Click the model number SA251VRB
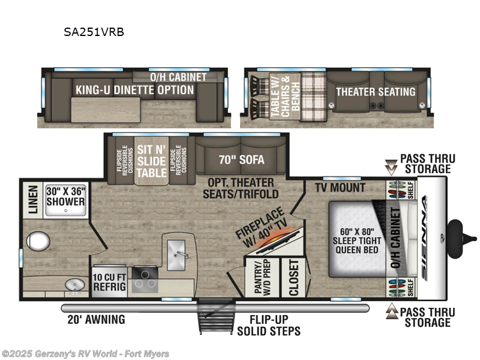point(94,32)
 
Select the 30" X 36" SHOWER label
point(65,196)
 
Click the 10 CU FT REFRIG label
point(109,282)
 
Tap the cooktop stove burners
point(145,277)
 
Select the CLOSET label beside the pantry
point(293,277)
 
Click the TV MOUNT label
point(340,188)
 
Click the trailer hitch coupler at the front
point(455,230)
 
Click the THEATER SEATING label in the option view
point(375,92)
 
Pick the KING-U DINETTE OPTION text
point(134,90)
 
